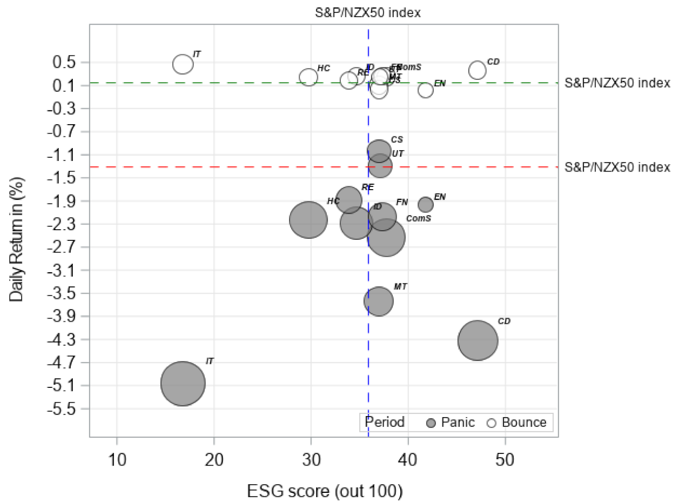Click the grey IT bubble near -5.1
point(183,383)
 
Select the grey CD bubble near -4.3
point(477,340)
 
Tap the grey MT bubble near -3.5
point(378,301)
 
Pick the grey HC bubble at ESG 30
point(308,220)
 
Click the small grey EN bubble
point(425,204)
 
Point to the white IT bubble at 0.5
point(183,64)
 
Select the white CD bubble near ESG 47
point(477,70)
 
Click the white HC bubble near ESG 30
point(308,77)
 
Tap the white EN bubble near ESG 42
point(425,90)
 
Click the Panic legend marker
point(432,423)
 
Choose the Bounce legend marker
point(492,423)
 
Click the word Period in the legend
point(384,422)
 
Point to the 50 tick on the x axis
point(505,457)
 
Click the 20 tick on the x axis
point(214,457)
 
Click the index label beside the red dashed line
point(617,167)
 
